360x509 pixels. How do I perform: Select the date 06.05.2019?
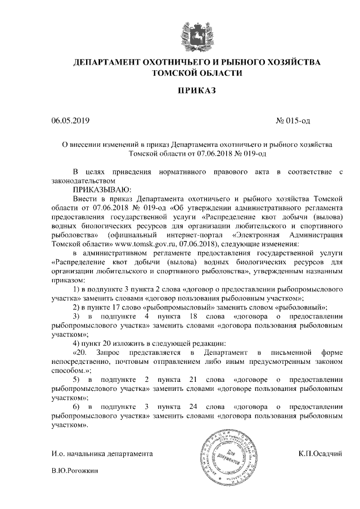70,120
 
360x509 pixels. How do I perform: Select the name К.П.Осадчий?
321,453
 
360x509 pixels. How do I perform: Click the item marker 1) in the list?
78,289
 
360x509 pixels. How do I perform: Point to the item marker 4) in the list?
78,343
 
